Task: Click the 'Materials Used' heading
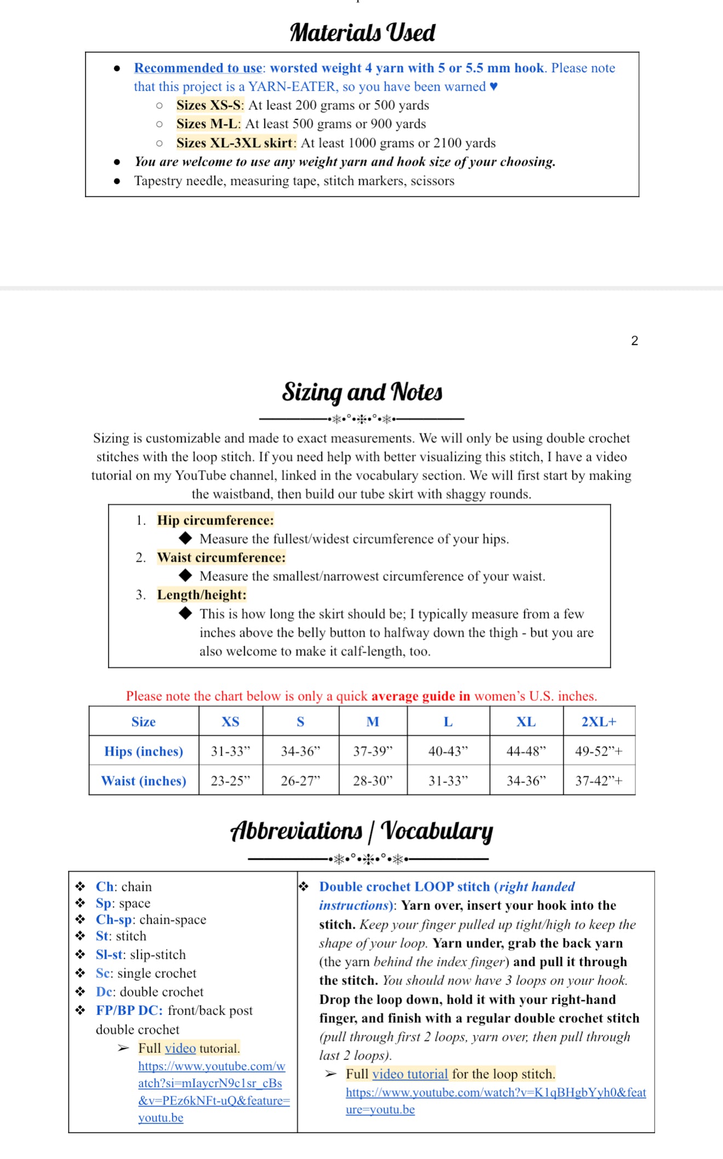click(x=362, y=32)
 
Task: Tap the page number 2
click(x=634, y=341)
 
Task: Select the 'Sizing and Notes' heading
click(x=362, y=392)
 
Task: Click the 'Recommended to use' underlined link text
click(x=198, y=68)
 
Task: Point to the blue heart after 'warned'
click(x=494, y=87)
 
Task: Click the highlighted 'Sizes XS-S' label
click(x=208, y=105)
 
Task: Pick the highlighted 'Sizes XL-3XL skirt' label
click(x=236, y=143)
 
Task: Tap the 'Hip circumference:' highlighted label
click(x=215, y=520)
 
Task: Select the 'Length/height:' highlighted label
click(x=202, y=595)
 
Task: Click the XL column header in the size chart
click(x=526, y=722)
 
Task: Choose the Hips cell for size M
click(x=372, y=751)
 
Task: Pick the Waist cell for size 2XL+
click(x=599, y=781)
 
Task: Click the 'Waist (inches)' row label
click(x=144, y=781)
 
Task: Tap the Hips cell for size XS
click(x=230, y=751)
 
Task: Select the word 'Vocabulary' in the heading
click(x=437, y=831)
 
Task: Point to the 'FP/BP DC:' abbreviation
click(x=129, y=1010)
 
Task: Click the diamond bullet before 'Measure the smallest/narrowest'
click(x=186, y=575)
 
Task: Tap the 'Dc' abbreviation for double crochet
click(x=104, y=991)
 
